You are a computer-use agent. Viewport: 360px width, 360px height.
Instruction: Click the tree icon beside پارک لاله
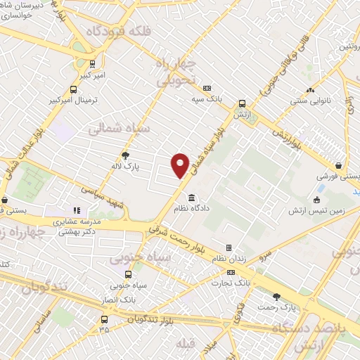coord(126,156)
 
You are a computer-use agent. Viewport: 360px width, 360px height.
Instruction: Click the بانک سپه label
coord(207,100)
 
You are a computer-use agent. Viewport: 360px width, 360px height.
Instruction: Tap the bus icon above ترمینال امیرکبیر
coord(74,89)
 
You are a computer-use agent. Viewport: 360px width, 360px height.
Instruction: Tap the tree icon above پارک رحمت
coord(276,297)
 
